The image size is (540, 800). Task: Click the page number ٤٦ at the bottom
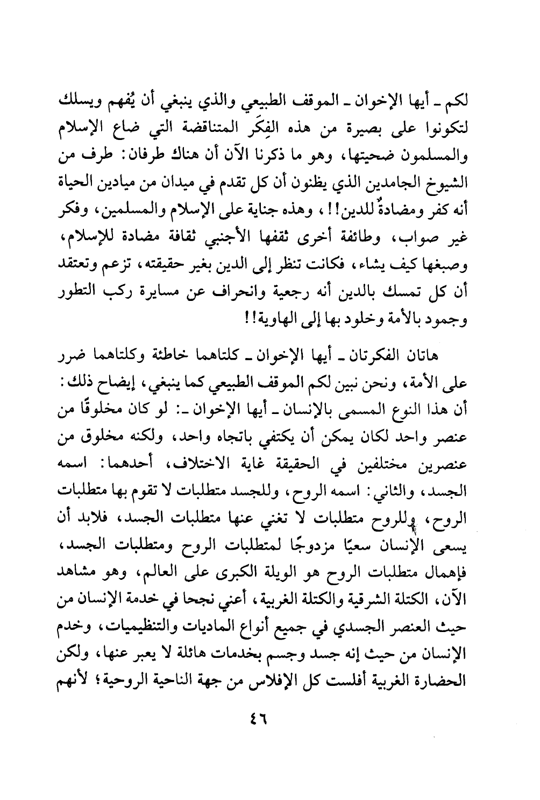point(259,719)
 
